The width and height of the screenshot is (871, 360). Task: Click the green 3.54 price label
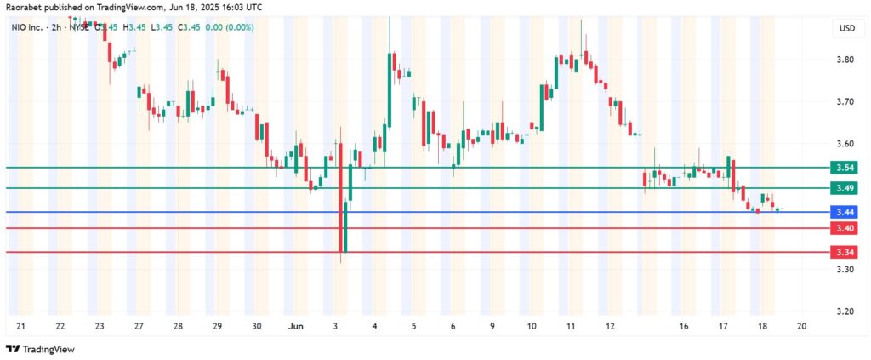(845, 168)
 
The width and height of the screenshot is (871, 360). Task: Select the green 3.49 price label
(845, 188)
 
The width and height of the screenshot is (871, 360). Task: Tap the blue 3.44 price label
(845, 212)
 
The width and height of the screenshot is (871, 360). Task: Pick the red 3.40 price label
(845, 228)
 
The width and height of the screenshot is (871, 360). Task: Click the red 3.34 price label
(845, 252)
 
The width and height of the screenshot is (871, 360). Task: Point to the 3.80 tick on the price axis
(845, 60)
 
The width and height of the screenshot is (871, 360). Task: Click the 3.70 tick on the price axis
(845, 101)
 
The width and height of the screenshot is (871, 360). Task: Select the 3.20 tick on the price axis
(845, 311)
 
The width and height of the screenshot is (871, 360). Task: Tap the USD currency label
(846, 29)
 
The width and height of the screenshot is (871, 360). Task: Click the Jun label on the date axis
(295, 326)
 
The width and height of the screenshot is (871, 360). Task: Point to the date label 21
(20, 326)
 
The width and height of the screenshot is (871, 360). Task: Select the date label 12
(610, 326)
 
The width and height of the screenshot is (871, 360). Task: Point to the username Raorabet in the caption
(26, 7)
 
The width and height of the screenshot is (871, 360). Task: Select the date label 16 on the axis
(684, 326)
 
